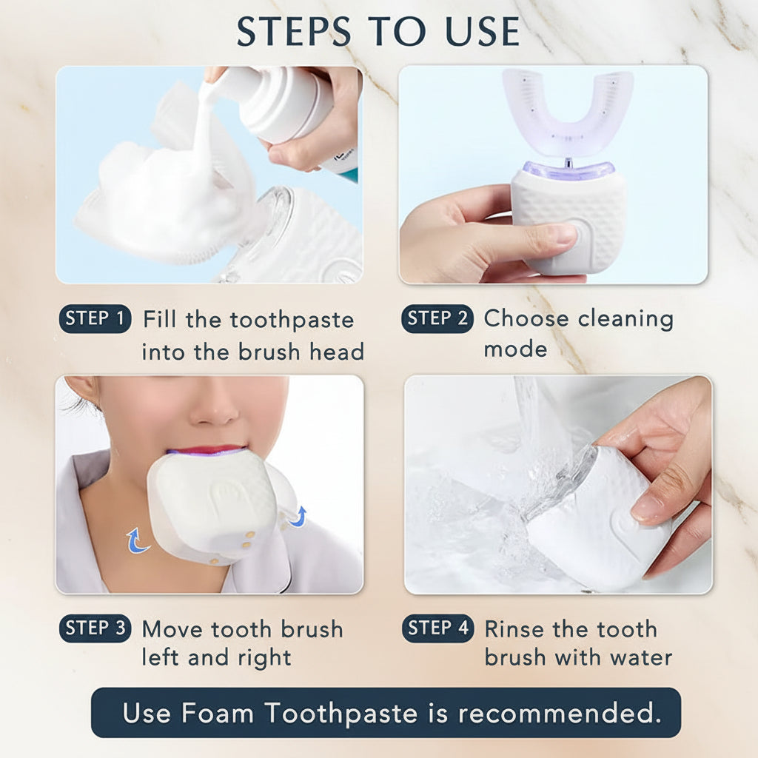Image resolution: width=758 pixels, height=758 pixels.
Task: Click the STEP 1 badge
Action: [x=95, y=319]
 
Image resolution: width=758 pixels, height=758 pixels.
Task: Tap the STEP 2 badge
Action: [x=437, y=319]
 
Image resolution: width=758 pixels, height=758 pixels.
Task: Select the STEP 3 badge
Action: [x=95, y=628]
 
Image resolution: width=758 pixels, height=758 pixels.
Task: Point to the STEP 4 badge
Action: [x=437, y=628]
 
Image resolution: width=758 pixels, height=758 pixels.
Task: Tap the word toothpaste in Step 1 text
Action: [x=292, y=320]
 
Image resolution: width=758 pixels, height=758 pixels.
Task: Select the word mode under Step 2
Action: [x=515, y=349]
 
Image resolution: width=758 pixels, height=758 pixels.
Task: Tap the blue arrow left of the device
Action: [x=138, y=540]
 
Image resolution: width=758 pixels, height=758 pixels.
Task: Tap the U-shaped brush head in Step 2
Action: [x=568, y=111]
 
